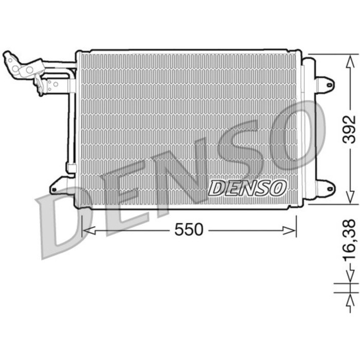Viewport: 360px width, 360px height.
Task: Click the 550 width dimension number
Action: pos(189,230)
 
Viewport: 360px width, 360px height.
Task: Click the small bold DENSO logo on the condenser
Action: pos(247,188)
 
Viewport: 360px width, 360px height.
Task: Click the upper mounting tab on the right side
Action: pos(325,83)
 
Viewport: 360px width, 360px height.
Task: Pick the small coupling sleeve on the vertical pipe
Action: pos(71,168)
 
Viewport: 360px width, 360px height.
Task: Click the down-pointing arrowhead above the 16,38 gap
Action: pos(349,277)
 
